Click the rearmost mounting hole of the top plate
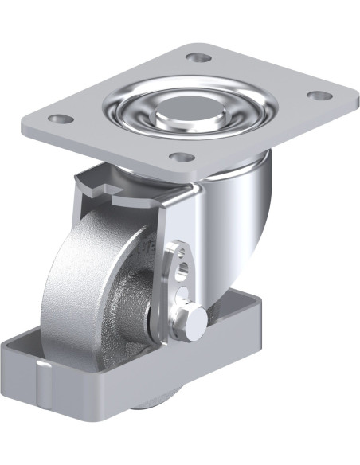(198, 57)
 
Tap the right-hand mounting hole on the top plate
(319, 96)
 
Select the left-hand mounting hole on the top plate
(57, 119)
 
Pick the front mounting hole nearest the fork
(182, 156)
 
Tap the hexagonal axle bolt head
(195, 316)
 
